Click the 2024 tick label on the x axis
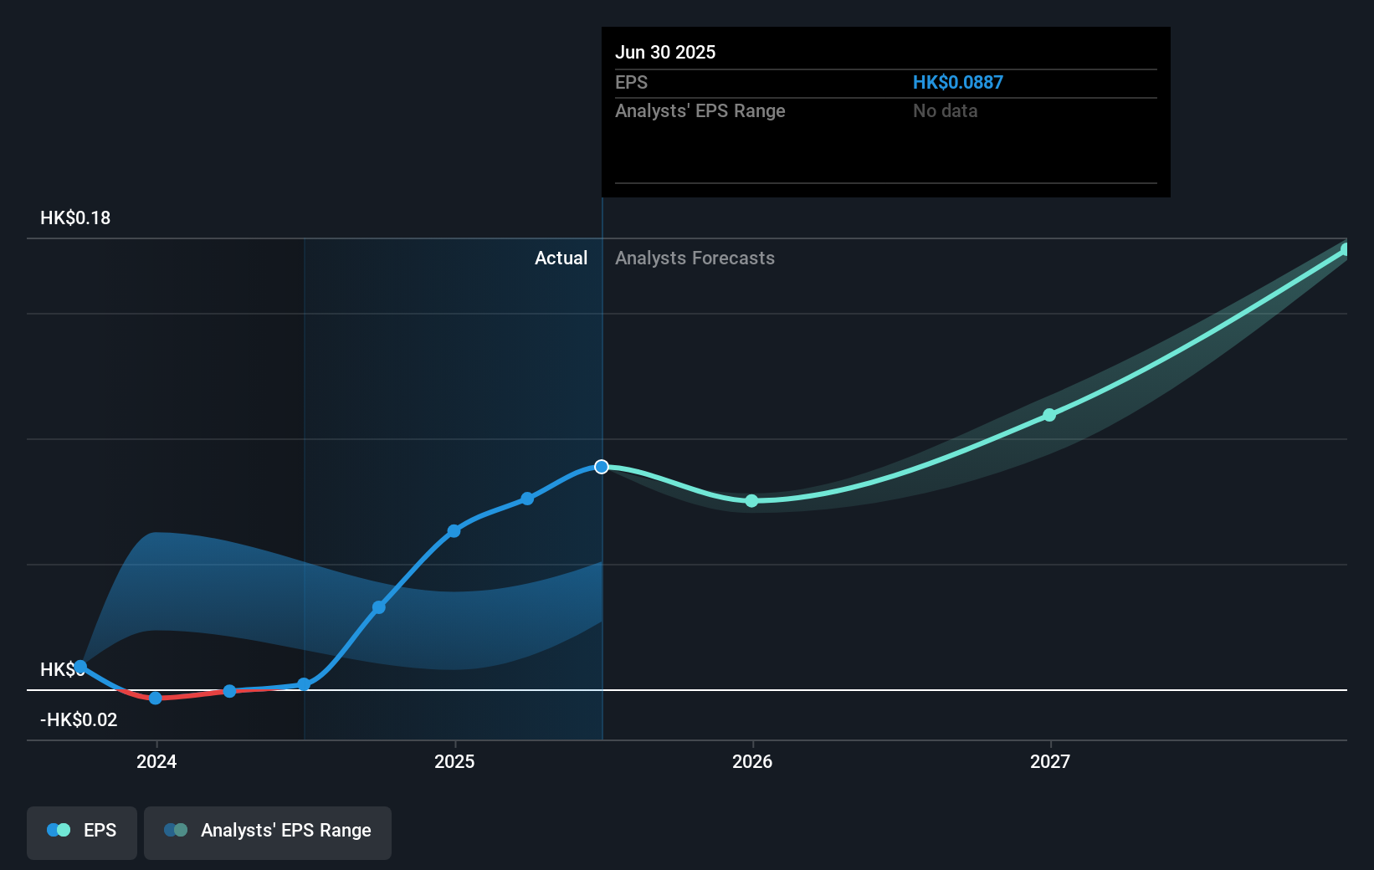[x=156, y=761]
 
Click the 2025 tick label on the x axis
[x=454, y=761]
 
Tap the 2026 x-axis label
[x=752, y=761]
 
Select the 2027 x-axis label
[x=1050, y=761]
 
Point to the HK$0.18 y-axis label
[x=75, y=218]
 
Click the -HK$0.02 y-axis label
[x=79, y=720]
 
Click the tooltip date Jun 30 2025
[x=665, y=52]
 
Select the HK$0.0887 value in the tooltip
[x=957, y=82]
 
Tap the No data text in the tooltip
[x=945, y=110]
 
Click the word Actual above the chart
[x=561, y=258]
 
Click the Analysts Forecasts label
[x=695, y=258]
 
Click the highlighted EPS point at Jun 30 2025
[x=602, y=467]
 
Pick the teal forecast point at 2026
[x=751, y=501]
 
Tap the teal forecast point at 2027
[x=1049, y=415]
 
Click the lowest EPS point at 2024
[x=156, y=698]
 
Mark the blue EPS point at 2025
[x=454, y=531]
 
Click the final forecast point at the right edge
[x=1345, y=249]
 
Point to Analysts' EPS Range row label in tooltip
[x=700, y=110]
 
